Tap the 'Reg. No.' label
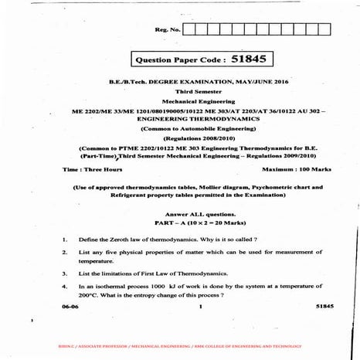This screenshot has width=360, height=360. click(167, 30)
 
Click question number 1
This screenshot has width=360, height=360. click(64, 239)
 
